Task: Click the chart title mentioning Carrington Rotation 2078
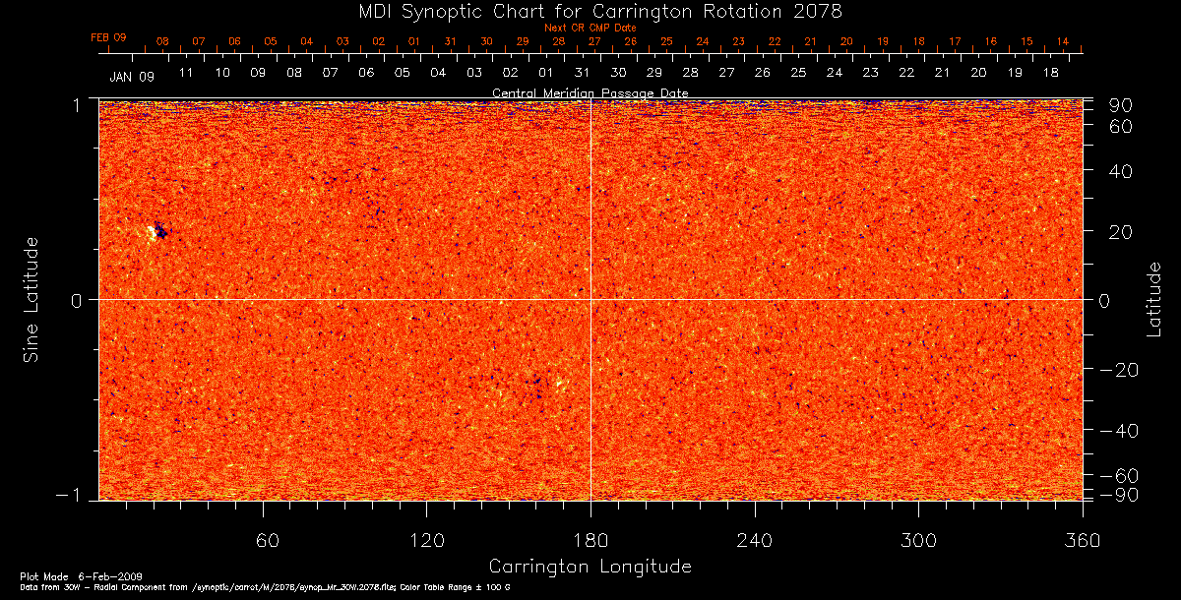(590, 11)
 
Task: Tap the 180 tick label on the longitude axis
(590, 540)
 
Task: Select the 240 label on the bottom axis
(754, 540)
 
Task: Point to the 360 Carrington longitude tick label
(1082, 540)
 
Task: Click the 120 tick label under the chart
(426, 540)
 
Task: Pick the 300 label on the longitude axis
(917, 540)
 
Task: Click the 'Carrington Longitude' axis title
(590, 567)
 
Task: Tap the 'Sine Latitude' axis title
(31, 299)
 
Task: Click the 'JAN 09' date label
(132, 75)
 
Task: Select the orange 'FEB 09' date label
(108, 37)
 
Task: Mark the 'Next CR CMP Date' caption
(590, 29)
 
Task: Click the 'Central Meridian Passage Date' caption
(590, 92)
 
